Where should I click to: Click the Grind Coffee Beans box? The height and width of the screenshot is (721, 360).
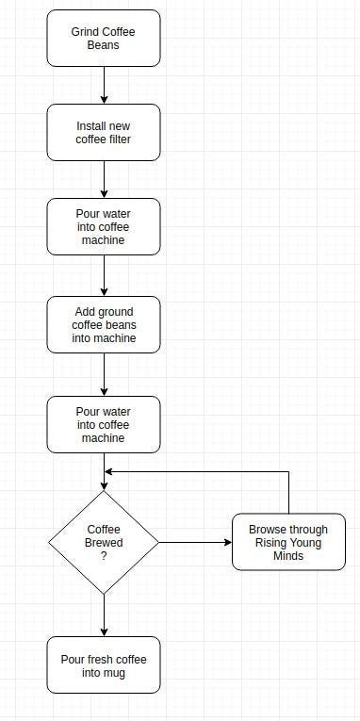pyautogui.click(x=104, y=39)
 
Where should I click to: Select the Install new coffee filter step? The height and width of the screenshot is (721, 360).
pyautogui.click(x=104, y=133)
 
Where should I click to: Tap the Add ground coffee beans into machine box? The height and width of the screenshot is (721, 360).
pyautogui.click(x=104, y=325)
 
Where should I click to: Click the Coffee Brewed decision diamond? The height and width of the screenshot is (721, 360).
pyautogui.click(x=104, y=542)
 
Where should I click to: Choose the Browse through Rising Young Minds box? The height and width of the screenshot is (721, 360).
pyautogui.click(x=288, y=542)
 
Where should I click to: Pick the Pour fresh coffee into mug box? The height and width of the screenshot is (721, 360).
pyautogui.click(x=104, y=665)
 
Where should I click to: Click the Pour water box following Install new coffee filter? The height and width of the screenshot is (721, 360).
pyautogui.click(x=104, y=226)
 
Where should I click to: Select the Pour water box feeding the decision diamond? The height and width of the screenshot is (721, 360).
pyautogui.click(x=104, y=424)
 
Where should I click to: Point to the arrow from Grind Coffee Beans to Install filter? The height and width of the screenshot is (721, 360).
pyautogui.click(x=104, y=85)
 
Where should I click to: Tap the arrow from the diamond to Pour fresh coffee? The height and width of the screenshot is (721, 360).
pyautogui.click(x=104, y=614)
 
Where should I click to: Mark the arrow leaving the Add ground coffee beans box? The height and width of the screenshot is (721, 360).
pyautogui.click(x=104, y=374)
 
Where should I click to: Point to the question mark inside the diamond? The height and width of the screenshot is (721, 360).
pyautogui.click(x=104, y=556)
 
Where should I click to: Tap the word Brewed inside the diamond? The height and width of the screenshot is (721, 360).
pyautogui.click(x=104, y=543)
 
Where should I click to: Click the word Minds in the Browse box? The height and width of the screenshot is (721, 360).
pyautogui.click(x=288, y=555)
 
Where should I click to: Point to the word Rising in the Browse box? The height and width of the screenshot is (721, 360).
pyautogui.click(x=270, y=543)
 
